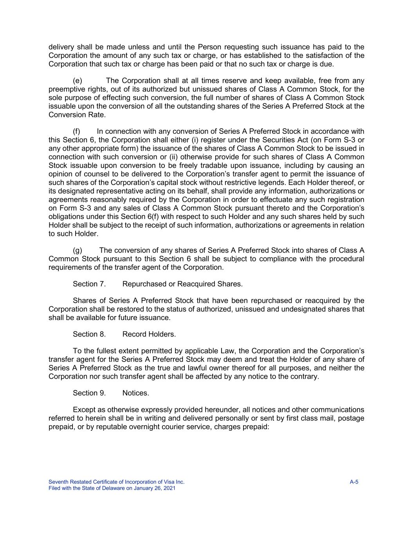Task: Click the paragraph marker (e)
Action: coord(78,81)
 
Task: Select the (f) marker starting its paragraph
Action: coord(77,131)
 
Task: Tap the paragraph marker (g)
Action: coord(78,250)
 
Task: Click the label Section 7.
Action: coord(89,284)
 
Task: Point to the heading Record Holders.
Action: coord(149,334)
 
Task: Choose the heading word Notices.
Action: coord(135,393)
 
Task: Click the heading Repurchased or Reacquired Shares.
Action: coord(182,284)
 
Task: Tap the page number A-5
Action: coord(354,482)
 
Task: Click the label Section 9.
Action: coord(89,393)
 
